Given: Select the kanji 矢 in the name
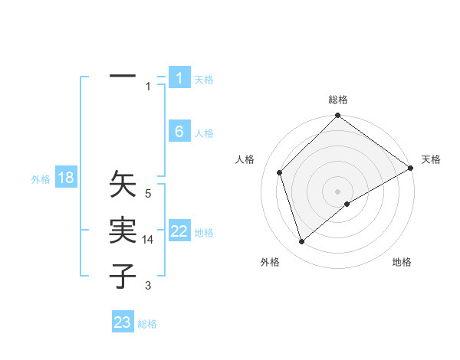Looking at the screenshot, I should pyautogui.click(x=123, y=185).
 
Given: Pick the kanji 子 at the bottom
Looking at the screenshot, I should pyautogui.click(x=123, y=276).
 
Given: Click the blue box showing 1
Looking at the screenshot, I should pyautogui.click(x=179, y=78).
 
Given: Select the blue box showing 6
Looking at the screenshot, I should pyautogui.click(x=179, y=132).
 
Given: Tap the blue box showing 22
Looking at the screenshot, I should pyautogui.click(x=179, y=231).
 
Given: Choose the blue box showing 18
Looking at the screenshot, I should pyautogui.click(x=66, y=178).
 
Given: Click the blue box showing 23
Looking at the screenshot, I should pyautogui.click(x=123, y=322).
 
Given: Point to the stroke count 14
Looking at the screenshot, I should pyautogui.click(x=149, y=240).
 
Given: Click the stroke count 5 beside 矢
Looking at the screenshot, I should pyautogui.click(x=148, y=194).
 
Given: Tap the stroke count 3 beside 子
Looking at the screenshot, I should pyautogui.click(x=148, y=286).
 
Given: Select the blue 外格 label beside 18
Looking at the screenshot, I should pyautogui.click(x=41, y=179).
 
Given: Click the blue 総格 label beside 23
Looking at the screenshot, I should pyautogui.click(x=147, y=324).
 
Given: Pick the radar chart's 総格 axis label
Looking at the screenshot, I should pyautogui.click(x=338, y=100).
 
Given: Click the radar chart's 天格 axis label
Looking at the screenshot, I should pyautogui.click(x=431, y=159).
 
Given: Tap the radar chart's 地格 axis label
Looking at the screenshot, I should pyautogui.click(x=402, y=262).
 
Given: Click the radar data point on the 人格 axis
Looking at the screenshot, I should pyautogui.click(x=280, y=172).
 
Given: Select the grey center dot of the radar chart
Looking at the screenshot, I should pyautogui.click(x=338, y=191).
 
